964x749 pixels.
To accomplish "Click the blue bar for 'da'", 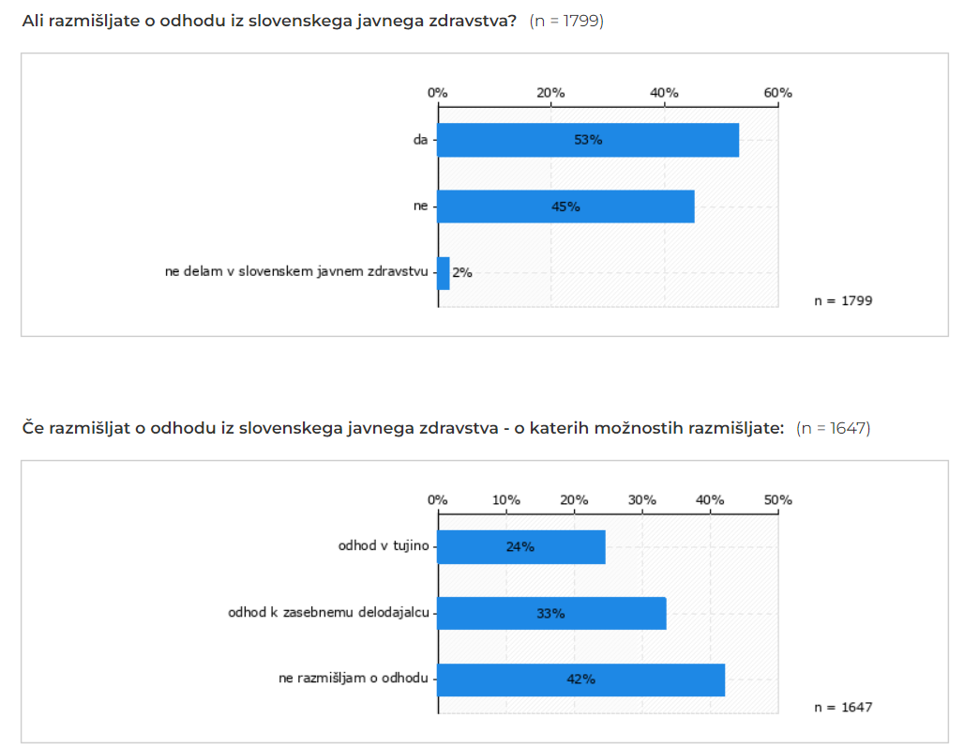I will click(588, 140).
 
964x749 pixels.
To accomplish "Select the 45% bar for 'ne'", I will click(565, 206).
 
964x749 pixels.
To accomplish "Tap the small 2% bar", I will click(444, 273).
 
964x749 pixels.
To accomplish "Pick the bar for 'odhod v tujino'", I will click(520, 546).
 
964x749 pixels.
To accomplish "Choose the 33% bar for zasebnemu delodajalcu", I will click(551, 613).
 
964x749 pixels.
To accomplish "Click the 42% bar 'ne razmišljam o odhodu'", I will click(580, 680).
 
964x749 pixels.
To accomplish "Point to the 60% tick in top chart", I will click(777, 93).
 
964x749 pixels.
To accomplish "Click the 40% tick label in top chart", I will click(664, 93).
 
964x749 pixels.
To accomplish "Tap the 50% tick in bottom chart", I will click(777, 499).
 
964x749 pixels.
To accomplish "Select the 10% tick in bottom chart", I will click(505, 499).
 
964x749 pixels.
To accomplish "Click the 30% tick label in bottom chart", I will click(641, 499).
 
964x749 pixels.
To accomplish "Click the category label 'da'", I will click(421, 140).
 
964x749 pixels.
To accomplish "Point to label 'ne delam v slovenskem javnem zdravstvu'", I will click(296, 273).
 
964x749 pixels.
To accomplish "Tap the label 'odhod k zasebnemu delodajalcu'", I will click(328, 613).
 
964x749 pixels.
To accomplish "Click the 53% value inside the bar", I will click(588, 140).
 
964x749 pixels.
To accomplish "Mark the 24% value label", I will click(520, 546).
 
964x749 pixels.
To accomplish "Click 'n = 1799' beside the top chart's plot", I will click(843, 301).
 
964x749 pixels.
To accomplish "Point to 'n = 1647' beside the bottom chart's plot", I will click(843, 707).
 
